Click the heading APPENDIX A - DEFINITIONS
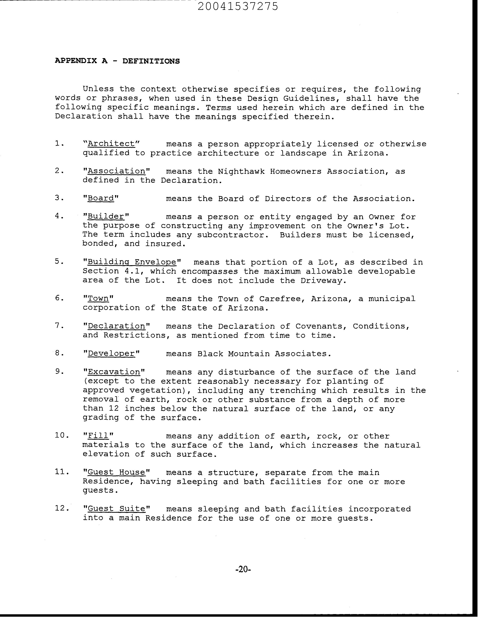tap(117, 61)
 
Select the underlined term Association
tap(116, 171)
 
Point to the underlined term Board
tap(101, 198)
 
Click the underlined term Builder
tap(106, 217)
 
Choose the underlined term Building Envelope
tap(132, 262)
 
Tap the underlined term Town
tap(98, 299)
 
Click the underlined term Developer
tap(111, 354)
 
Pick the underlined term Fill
tap(98, 436)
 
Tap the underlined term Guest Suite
tap(116, 509)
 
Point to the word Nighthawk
tap(241, 171)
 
